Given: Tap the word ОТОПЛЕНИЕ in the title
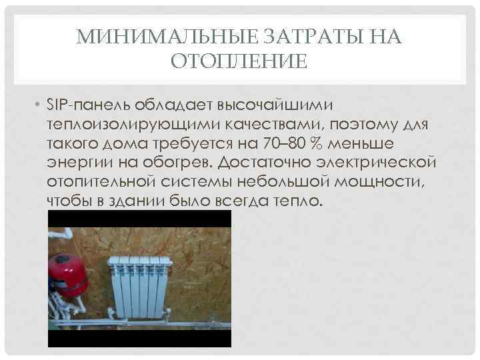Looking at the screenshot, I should (x=240, y=62).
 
